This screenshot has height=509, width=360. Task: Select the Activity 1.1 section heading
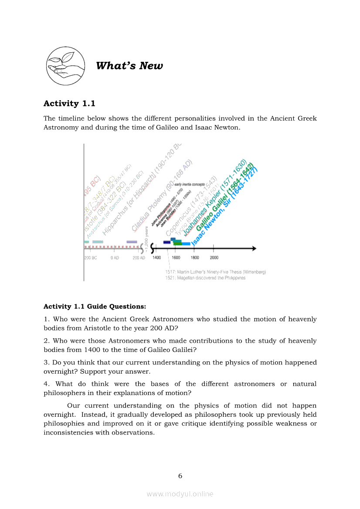(69, 104)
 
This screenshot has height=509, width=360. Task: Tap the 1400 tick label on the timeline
(157, 258)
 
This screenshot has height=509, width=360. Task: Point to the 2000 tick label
(214, 258)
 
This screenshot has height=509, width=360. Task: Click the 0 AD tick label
(115, 258)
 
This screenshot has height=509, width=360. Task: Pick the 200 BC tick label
(90, 258)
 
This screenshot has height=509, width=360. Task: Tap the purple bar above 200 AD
(132, 242)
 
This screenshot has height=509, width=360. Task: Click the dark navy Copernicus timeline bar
(167, 242)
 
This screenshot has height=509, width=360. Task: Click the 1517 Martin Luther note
(215, 272)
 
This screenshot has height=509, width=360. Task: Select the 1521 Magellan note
(205, 278)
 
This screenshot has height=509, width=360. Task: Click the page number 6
(180, 476)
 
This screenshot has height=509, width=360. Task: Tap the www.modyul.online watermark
(180, 494)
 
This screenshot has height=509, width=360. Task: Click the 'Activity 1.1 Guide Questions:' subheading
(95, 307)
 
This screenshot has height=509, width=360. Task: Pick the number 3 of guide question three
(45, 362)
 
